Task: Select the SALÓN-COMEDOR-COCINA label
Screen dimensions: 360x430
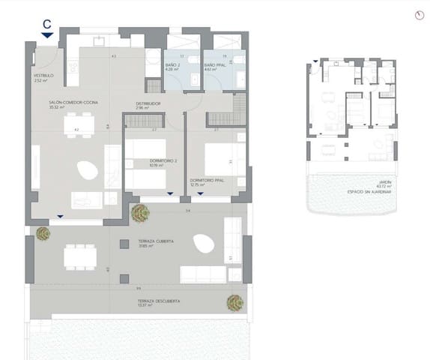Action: [73, 102]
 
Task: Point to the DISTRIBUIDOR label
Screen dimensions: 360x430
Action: [148, 103]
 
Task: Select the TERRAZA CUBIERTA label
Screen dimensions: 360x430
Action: [157, 242]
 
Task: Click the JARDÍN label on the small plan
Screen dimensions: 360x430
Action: [384, 184]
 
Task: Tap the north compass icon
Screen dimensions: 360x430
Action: [418, 16]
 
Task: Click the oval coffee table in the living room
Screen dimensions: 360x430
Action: [88, 169]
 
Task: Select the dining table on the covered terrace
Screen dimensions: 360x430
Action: [80, 257]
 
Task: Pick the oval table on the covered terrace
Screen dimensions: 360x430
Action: [203, 243]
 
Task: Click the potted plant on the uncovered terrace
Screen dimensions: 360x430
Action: [235, 302]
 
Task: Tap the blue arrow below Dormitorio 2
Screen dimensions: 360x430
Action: [170, 195]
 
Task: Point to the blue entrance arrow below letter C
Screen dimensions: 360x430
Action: [47, 34]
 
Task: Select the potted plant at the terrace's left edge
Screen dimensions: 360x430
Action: [43, 233]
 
